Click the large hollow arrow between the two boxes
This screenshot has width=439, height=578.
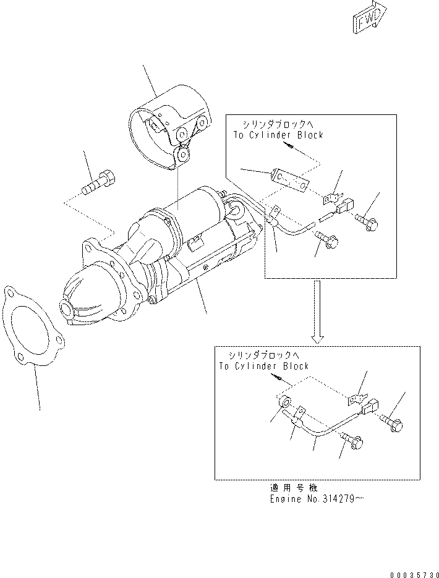(317, 312)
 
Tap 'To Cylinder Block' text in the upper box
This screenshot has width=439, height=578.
(278, 135)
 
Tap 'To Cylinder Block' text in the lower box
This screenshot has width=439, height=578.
(263, 366)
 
